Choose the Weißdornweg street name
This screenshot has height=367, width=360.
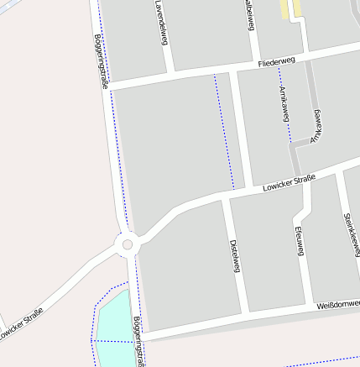(x=337, y=303)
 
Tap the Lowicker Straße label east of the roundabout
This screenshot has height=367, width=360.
(x=288, y=184)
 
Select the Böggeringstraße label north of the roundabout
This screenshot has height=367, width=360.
(x=102, y=60)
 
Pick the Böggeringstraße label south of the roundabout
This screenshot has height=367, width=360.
(x=138, y=341)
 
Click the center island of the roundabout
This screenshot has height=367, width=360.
(x=128, y=244)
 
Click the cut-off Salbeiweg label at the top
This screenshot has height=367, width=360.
(x=249, y=15)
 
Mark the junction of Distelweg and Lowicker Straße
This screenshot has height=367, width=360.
(x=226, y=199)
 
